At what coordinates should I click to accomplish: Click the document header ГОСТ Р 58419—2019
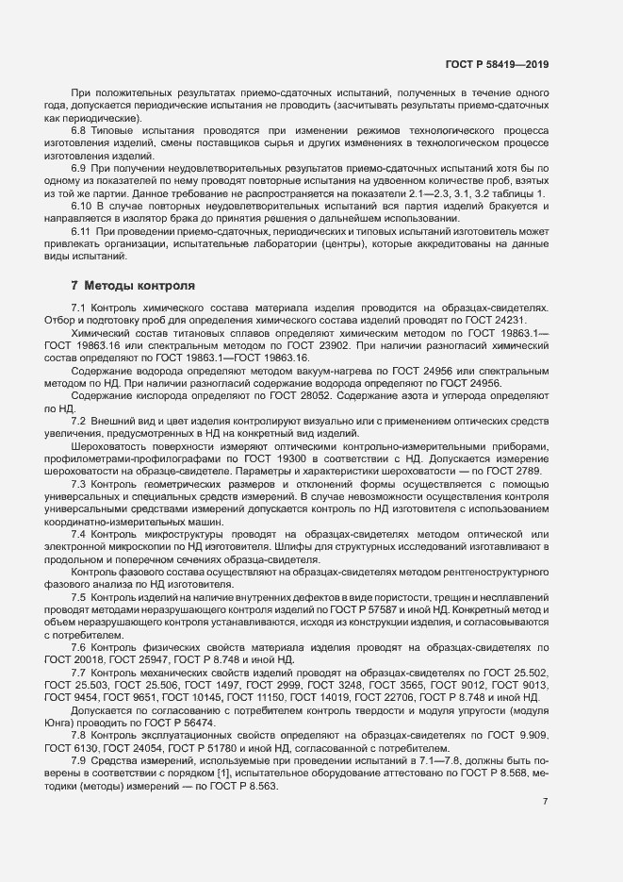click(497, 64)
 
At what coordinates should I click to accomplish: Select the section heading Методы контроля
click(139, 285)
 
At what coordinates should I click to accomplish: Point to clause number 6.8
click(80, 129)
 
